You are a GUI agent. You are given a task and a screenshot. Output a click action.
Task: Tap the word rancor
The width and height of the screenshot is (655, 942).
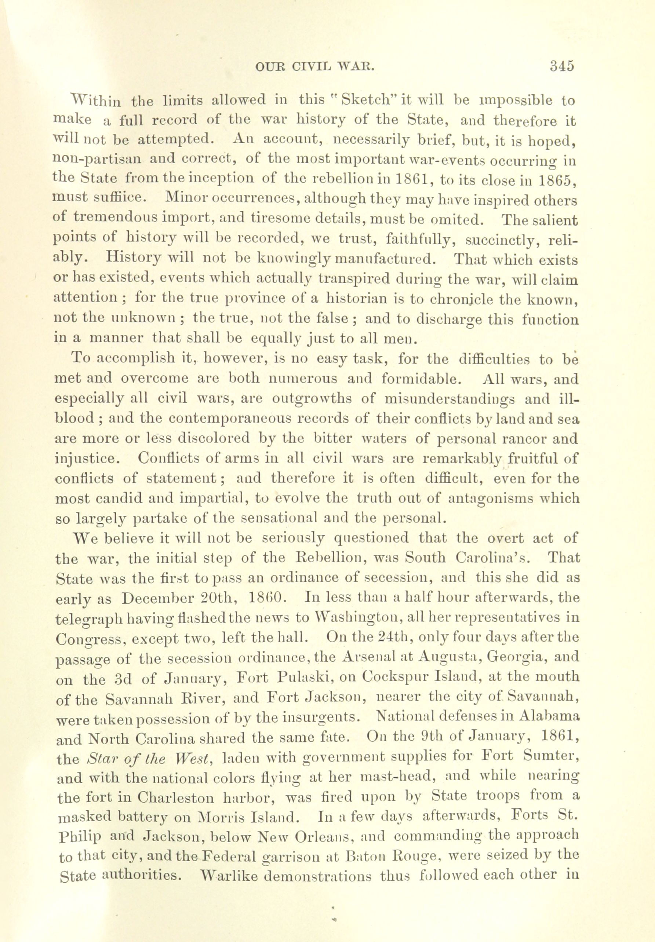click(x=517, y=439)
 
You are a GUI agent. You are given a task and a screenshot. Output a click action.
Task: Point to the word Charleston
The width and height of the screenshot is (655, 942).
click(x=176, y=798)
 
